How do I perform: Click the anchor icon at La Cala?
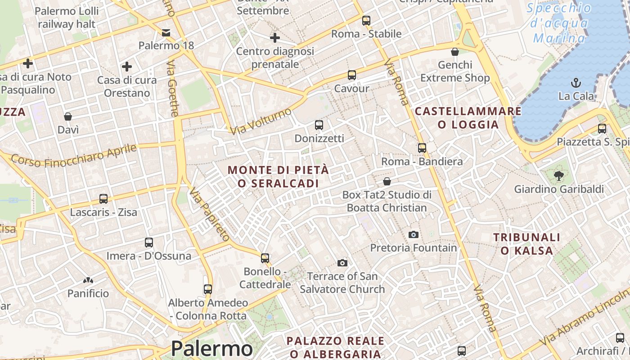pyautogui.click(x=576, y=83)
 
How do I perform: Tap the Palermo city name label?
pyautogui.click(x=212, y=349)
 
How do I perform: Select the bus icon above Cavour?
pyautogui.click(x=351, y=75)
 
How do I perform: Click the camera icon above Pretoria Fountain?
pyautogui.click(x=413, y=234)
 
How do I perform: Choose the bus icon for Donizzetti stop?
pyautogui.click(x=319, y=125)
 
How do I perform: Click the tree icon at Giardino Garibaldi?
pyautogui.click(x=559, y=176)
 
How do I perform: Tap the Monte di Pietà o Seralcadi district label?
pyautogui.click(x=278, y=177)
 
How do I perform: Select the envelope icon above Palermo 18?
pyautogui.click(x=166, y=32)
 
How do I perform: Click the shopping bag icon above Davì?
pyautogui.click(x=68, y=117)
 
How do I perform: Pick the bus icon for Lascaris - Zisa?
pyautogui.click(x=103, y=199)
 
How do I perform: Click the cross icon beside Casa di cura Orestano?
pyautogui.click(x=127, y=67)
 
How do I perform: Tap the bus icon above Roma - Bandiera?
pyautogui.click(x=422, y=148)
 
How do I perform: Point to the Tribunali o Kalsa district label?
pyautogui.click(x=526, y=244)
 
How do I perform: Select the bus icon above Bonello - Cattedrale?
pyautogui.click(x=265, y=258)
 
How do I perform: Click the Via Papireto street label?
pyautogui.click(x=210, y=214)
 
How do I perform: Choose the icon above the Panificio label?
pyautogui.click(x=88, y=280)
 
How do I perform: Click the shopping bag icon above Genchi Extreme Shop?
pyautogui.click(x=455, y=52)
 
